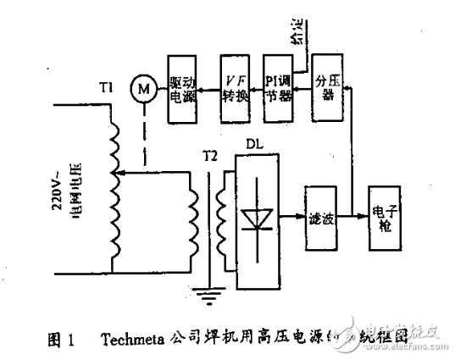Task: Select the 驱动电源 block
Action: [184, 89]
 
